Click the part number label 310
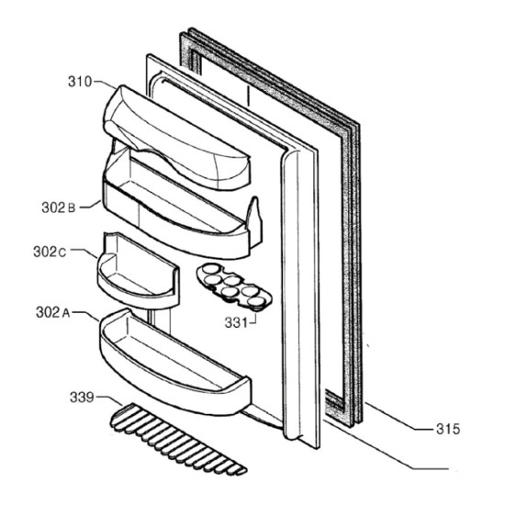80,82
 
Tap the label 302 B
58,208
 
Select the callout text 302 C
50,252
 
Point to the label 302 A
53,312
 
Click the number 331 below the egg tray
236,322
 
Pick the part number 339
82,397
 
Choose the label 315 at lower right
448,429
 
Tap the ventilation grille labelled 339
179,440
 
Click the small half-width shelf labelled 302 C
138,271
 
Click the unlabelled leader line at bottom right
385,443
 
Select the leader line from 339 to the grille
109,400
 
